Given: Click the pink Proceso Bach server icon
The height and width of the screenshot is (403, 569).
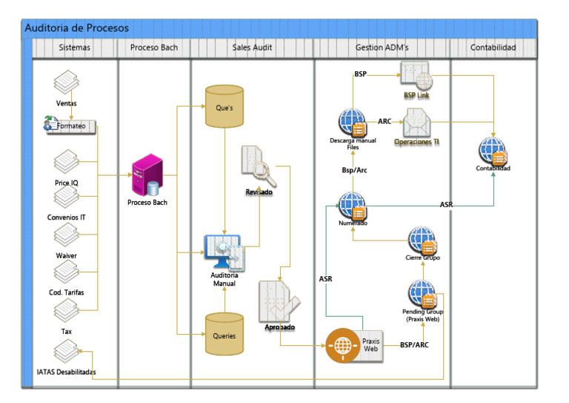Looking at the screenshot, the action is click(x=147, y=175).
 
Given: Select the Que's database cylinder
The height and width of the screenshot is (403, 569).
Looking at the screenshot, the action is click(x=224, y=106).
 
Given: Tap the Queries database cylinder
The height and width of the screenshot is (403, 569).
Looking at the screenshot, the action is click(x=224, y=334).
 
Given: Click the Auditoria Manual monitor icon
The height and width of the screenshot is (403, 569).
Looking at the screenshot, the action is click(x=224, y=252).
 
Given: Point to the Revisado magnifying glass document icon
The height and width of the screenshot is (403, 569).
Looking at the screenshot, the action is click(x=259, y=166).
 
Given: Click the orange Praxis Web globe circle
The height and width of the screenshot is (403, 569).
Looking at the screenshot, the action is click(x=342, y=345).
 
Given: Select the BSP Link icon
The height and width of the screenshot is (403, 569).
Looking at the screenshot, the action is click(x=416, y=76).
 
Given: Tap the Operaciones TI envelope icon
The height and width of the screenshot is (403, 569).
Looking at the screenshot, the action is click(x=416, y=122).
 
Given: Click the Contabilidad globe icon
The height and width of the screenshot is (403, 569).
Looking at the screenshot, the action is click(x=493, y=151).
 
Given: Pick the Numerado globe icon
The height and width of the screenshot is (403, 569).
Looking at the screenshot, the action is click(x=353, y=206).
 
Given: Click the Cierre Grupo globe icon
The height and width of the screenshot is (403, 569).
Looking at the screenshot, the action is click(x=422, y=240).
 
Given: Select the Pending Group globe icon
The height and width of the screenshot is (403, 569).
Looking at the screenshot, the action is click(x=422, y=294).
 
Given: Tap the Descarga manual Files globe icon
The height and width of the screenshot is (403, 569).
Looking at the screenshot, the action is click(x=353, y=122).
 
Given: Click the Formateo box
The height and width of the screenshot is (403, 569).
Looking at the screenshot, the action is click(x=71, y=126).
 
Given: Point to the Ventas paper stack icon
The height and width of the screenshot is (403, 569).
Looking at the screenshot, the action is click(x=67, y=82).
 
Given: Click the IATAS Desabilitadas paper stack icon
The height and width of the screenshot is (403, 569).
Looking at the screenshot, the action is click(x=67, y=351).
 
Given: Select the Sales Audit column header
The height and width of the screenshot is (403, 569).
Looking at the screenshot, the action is click(x=252, y=47).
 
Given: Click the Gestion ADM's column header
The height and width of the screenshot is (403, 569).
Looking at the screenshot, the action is click(x=382, y=47).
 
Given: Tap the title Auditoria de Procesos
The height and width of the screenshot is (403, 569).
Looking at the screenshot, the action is click(x=76, y=28).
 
